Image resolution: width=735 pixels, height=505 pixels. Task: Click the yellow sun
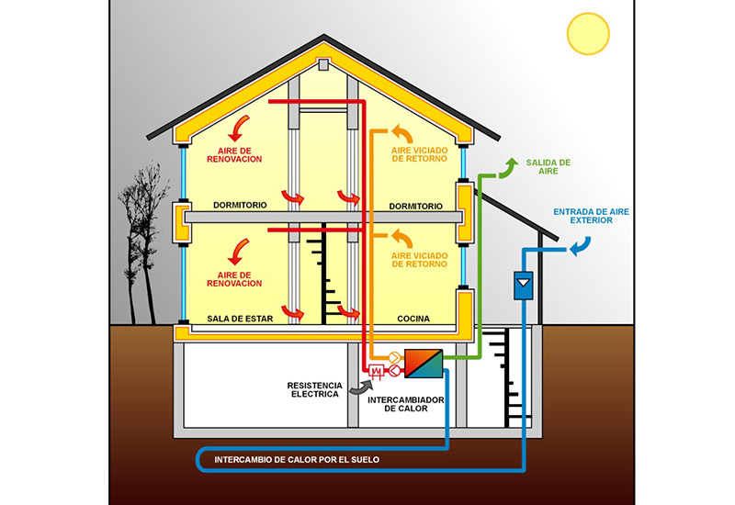pos(588,33)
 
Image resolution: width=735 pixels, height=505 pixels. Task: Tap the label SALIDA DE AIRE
pos(548,166)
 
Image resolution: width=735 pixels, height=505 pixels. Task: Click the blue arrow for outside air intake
pos(580,246)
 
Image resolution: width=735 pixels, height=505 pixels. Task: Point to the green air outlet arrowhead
pos(507,165)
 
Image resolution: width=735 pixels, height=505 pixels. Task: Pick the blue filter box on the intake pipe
pos(524,286)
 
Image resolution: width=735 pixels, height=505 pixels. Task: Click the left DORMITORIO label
pos(239,205)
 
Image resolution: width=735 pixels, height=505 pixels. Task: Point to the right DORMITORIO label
pos(415,205)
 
